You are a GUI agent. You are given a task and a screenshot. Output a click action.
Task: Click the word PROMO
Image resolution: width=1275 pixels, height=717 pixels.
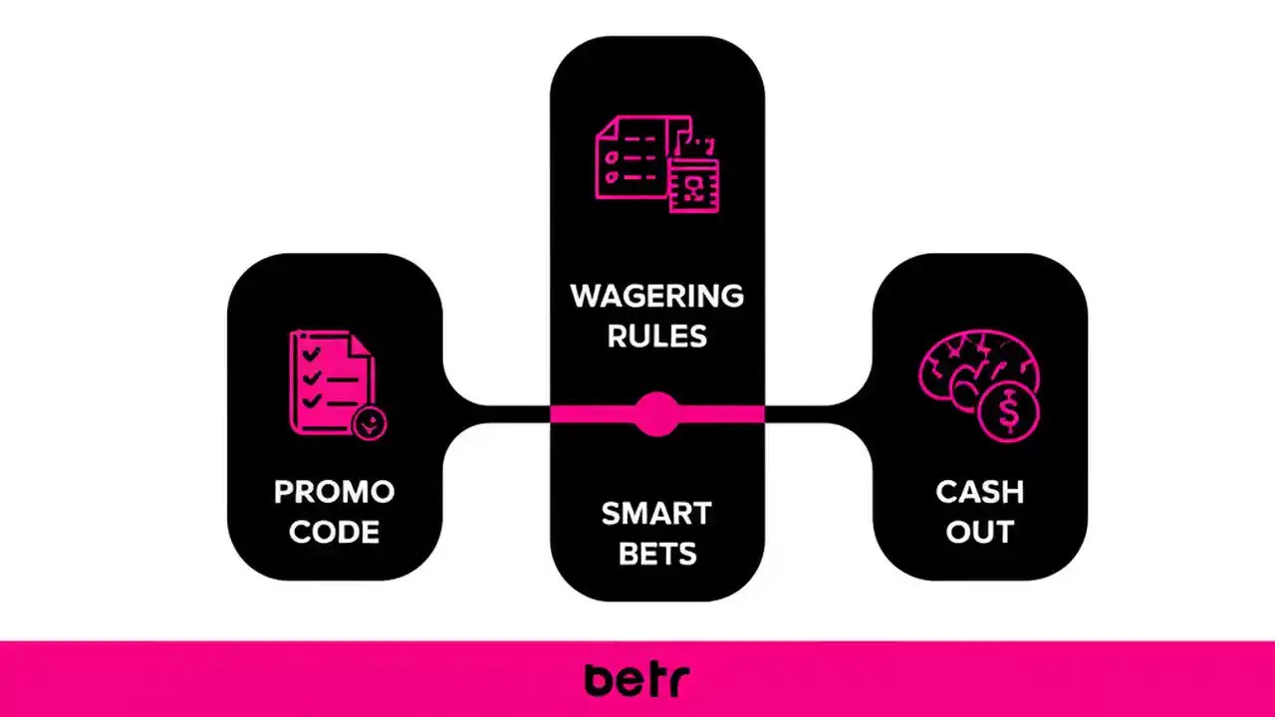(x=335, y=492)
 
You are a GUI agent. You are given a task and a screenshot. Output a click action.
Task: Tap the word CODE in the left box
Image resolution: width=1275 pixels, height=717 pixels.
(x=335, y=532)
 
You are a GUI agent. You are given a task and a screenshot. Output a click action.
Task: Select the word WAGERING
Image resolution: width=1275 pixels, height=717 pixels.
(x=656, y=296)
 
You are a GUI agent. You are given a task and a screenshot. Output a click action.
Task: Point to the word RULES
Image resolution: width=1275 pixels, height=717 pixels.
(x=656, y=337)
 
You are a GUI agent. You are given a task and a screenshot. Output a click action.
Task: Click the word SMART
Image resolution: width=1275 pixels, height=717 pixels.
(x=656, y=514)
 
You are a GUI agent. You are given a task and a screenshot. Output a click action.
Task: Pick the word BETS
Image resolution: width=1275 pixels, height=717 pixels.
(x=656, y=554)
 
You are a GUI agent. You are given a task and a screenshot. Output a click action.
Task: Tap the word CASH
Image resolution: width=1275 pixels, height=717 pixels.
(x=979, y=492)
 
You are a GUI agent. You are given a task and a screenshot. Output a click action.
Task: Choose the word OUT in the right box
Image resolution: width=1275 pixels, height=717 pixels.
(x=979, y=532)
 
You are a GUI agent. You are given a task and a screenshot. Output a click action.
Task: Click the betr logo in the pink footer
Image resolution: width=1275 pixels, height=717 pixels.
(x=637, y=679)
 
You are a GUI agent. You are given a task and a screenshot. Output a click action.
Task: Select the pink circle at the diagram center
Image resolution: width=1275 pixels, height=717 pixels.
(x=656, y=413)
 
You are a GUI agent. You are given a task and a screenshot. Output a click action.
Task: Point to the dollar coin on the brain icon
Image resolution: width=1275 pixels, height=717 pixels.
(x=1008, y=411)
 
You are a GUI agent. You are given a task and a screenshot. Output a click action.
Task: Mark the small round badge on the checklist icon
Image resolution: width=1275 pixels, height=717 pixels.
(x=370, y=422)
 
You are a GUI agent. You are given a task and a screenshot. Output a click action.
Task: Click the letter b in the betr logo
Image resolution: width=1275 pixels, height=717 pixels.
(x=600, y=679)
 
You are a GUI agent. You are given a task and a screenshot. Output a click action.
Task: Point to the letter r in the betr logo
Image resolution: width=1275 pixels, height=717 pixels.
(x=677, y=682)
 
